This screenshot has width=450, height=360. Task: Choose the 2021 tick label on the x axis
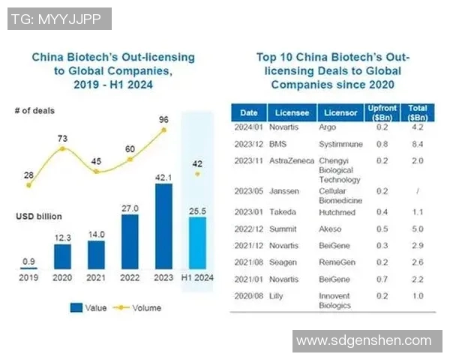(x=94, y=277)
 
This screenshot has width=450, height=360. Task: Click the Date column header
(x=248, y=113)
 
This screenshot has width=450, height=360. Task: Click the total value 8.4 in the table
(x=418, y=144)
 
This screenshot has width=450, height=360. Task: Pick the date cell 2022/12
(x=248, y=229)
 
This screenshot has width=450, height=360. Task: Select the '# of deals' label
(x=34, y=112)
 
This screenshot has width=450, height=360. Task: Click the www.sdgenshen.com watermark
(x=364, y=341)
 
